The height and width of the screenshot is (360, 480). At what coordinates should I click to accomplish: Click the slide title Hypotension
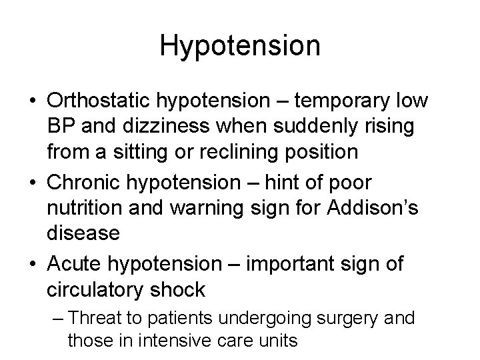(240, 45)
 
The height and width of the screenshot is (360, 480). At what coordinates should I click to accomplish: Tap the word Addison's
(372, 208)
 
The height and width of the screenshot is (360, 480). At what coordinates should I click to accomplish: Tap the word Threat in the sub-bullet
(94, 318)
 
